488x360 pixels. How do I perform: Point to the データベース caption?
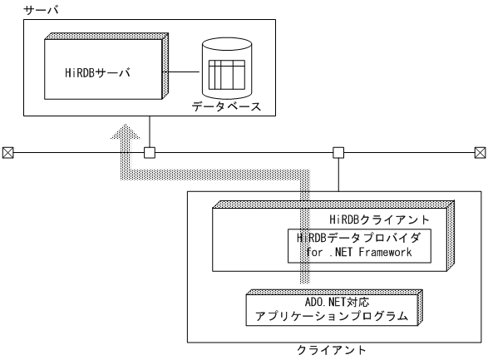click(x=226, y=107)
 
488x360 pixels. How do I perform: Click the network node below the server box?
click(x=150, y=152)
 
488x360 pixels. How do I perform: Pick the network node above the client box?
click(x=338, y=152)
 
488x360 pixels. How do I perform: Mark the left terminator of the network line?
click(x=7, y=152)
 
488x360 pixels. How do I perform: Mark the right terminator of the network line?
click(x=480, y=152)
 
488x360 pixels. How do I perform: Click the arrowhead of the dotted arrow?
click(x=123, y=131)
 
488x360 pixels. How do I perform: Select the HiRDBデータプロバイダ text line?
click(x=360, y=237)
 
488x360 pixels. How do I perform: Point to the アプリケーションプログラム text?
click(x=332, y=317)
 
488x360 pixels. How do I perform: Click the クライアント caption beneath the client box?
click(x=331, y=351)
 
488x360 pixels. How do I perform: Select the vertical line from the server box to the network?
click(x=150, y=133)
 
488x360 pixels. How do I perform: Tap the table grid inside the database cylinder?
click(x=225, y=75)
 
